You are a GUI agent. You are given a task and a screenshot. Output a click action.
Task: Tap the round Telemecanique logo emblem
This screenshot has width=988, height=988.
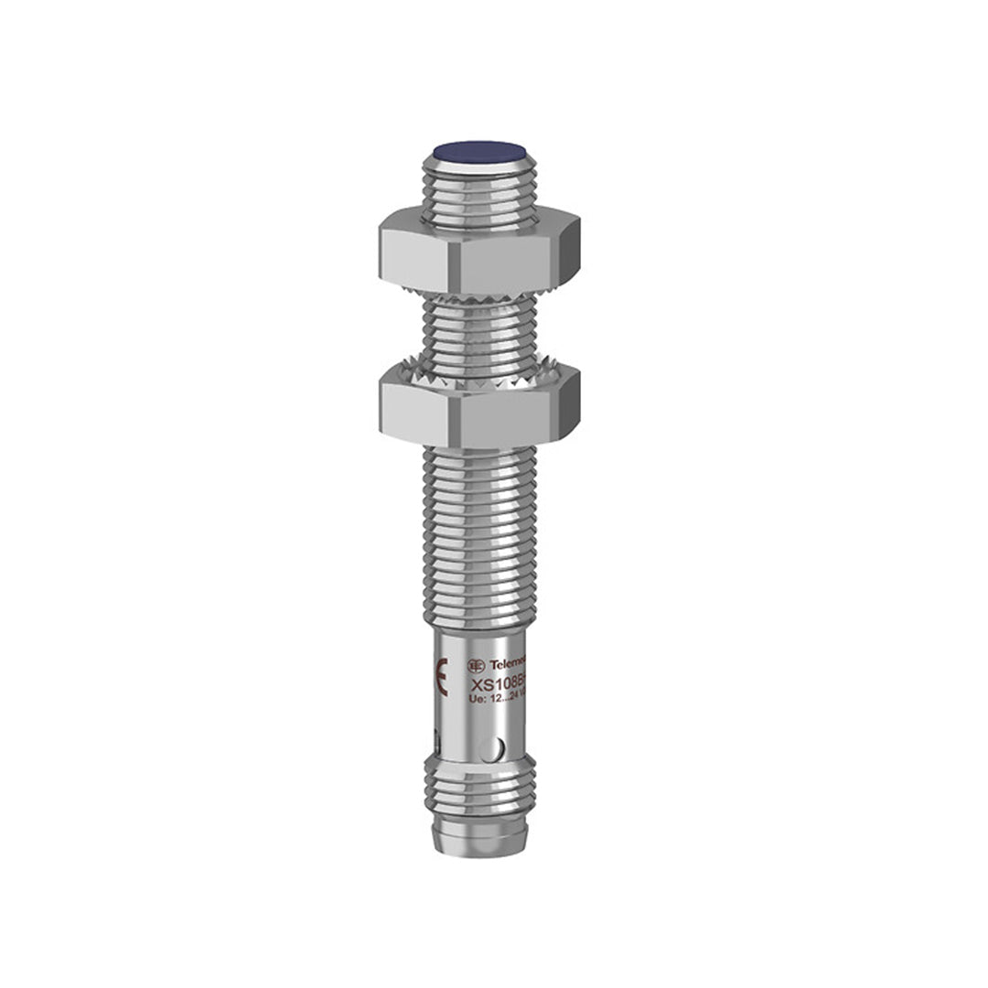476,665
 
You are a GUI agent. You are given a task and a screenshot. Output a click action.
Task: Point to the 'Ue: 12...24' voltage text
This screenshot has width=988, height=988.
497,700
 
